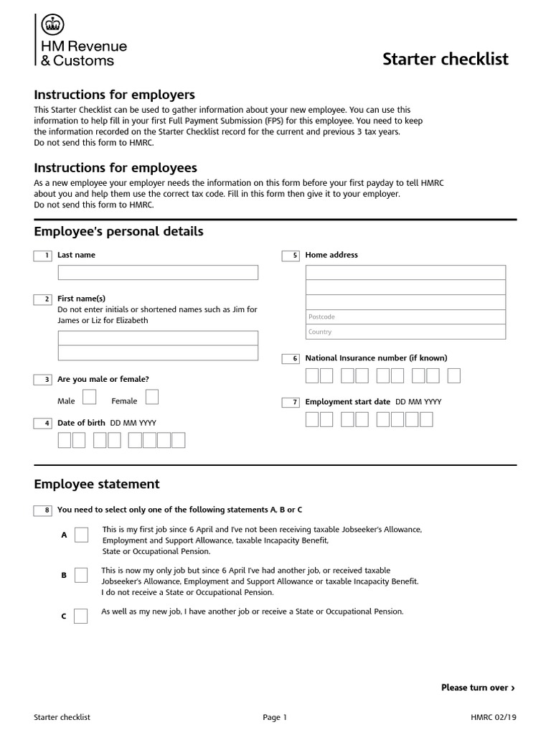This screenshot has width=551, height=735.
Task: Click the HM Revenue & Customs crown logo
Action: click(51, 24)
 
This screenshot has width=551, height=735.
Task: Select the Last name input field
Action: click(158, 273)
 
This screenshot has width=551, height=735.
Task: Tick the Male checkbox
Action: click(90, 398)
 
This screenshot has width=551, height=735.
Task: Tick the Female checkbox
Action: click(152, 398)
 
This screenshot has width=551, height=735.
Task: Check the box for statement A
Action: click(81, 535)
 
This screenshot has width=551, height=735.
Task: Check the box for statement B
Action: click(81, 575)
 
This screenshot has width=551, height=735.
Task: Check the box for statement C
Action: click(81, 616)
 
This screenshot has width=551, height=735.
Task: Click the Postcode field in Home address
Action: click(405, 317)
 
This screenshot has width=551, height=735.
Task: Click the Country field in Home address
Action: click(405, 332)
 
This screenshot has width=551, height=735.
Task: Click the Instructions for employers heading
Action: click(115, 95)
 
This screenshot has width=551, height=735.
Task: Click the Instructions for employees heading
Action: click(116, 168)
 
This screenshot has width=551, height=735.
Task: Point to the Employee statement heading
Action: click(97, 484)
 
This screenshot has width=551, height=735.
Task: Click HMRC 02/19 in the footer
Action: click(493, 717)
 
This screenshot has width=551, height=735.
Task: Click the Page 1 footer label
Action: click(275, 717)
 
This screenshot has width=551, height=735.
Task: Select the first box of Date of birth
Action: click(65, 440)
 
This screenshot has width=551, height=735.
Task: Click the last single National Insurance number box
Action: click(453, 376)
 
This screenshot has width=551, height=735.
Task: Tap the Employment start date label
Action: click(348, 402)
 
